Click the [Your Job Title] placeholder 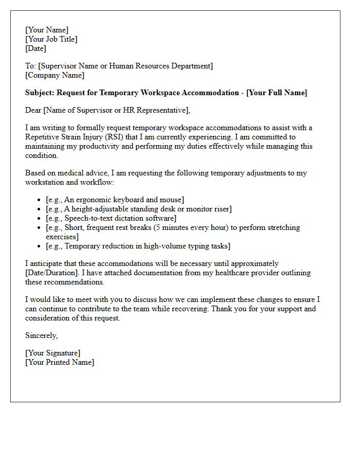tap(51, 39)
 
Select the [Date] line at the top tap(35, 48)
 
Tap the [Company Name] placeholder tap(55, 75)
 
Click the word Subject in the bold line tap(40, 93)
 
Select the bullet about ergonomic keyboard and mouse tap(115, 200)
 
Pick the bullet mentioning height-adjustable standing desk tap(138, 209)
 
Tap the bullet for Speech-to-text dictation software tap(111, 218)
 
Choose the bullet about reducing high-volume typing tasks tap(138, 246)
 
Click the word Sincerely tap(42, 335)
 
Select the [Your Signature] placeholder tap(53, 353)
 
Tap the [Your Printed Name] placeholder tap(60, 362)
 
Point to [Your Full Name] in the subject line tap(277, 93)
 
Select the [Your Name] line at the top tap(47, 30)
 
